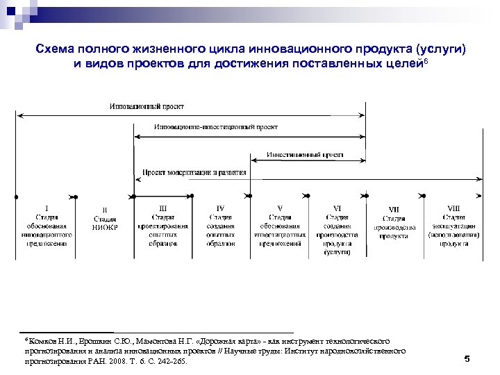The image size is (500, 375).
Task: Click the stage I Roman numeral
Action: pos(47,207)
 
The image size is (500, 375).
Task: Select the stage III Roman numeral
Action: pos(163,207)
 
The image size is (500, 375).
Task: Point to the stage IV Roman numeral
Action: pos(220,207)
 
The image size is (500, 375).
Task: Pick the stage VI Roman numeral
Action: pos(337,207)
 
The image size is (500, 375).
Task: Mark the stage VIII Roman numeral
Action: pos(452,207)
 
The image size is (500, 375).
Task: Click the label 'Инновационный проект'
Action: pos(147,106)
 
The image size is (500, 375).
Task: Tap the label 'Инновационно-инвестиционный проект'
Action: pos(215,127)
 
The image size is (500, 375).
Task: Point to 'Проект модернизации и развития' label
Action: pos(194,172)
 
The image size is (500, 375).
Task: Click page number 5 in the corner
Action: pos(467,359)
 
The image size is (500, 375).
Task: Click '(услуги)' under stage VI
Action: pos(337,253)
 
